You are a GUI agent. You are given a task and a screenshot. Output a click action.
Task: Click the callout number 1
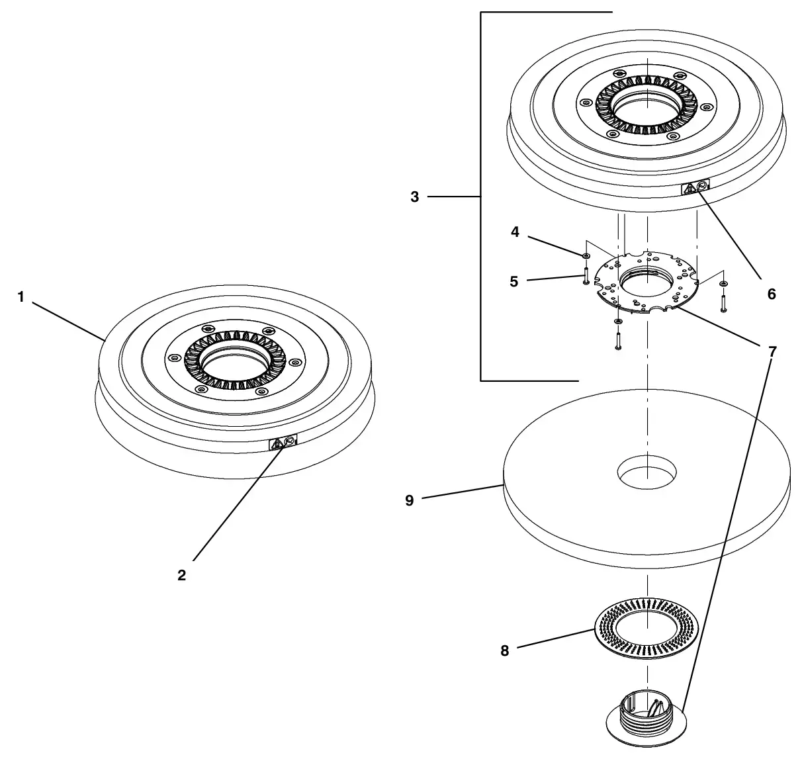pos(21,296)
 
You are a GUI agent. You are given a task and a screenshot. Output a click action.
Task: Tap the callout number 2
pos(181,575)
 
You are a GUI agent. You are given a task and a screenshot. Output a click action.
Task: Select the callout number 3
pos(414,197)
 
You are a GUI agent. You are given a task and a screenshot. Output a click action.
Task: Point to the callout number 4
pos(515,232)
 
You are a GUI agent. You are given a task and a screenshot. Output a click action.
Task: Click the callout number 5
pos(514,281)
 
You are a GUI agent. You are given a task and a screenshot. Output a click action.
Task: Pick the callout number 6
pos(772,294)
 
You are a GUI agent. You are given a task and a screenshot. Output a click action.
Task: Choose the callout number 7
pos(772,351)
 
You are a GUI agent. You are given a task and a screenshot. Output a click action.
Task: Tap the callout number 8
pos(505,650)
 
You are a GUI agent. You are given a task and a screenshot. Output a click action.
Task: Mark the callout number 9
pos(409,500)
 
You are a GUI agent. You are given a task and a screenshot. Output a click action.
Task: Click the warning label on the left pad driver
pos(283,442)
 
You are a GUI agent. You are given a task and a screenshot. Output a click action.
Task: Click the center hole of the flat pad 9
pos(646,472)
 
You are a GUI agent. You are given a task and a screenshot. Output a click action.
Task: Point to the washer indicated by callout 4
pos(586,255)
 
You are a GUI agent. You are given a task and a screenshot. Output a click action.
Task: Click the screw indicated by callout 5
pos(586,275)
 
